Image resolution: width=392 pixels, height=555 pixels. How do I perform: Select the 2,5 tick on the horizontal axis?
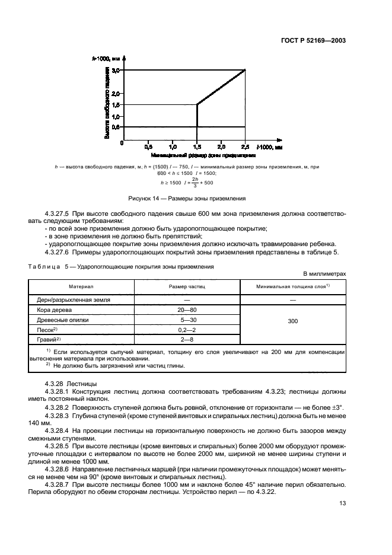244,146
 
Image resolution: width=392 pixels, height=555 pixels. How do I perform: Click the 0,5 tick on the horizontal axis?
148,146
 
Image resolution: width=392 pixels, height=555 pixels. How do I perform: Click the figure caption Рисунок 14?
186,198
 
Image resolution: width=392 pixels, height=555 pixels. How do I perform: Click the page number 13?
342,503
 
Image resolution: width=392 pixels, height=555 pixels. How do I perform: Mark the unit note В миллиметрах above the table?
324,274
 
